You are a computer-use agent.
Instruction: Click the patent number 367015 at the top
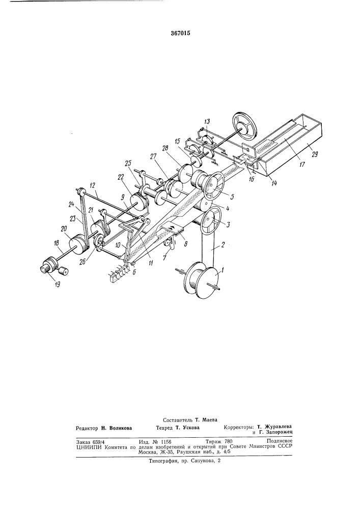click(x=180, y=33)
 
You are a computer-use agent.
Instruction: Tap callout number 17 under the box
click(x=302, y=164)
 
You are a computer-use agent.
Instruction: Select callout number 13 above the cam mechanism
click(x=207, y=122)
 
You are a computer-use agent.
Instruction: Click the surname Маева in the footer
click(x=210, y=419)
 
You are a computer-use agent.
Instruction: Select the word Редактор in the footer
click(x=87, y=428)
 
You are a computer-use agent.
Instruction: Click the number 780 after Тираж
click(x=228, y=441)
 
